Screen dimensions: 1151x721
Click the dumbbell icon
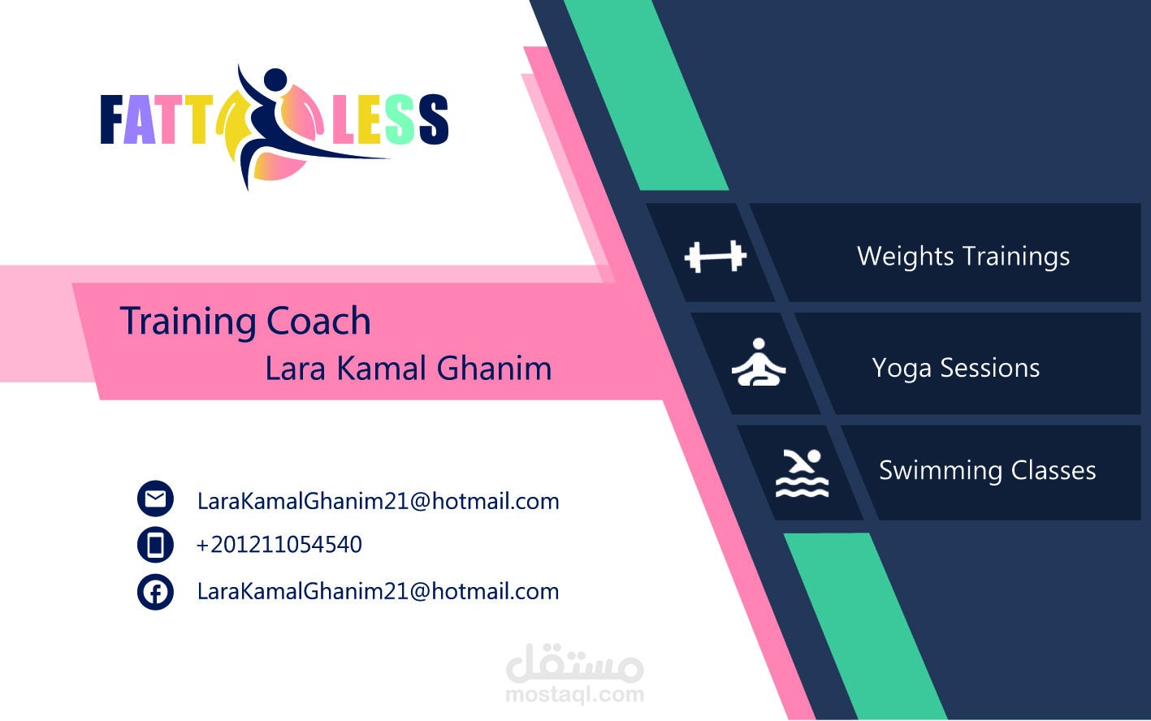[716, 257]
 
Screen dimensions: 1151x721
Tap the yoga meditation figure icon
[759, 362]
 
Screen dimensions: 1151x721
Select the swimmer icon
[802, 473]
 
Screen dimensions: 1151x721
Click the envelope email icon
[155, 499]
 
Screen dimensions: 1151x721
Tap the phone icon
[155, 545]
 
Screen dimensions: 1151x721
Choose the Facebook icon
[155, 592]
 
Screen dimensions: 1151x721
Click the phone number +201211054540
[279, 544]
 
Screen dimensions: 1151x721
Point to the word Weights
[906, 256]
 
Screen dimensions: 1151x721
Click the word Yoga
[902, 369]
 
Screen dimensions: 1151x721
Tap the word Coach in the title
[318, 321]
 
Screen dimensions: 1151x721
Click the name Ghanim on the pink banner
[495, 368]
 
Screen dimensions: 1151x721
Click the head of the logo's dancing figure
[275, 80]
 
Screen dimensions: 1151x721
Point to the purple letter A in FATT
[139, 119]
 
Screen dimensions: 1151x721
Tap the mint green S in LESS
[400, 119]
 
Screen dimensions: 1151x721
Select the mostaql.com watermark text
[575, 694]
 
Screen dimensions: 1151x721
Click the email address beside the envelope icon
[379, 501]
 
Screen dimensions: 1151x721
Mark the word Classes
[1054, 470]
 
